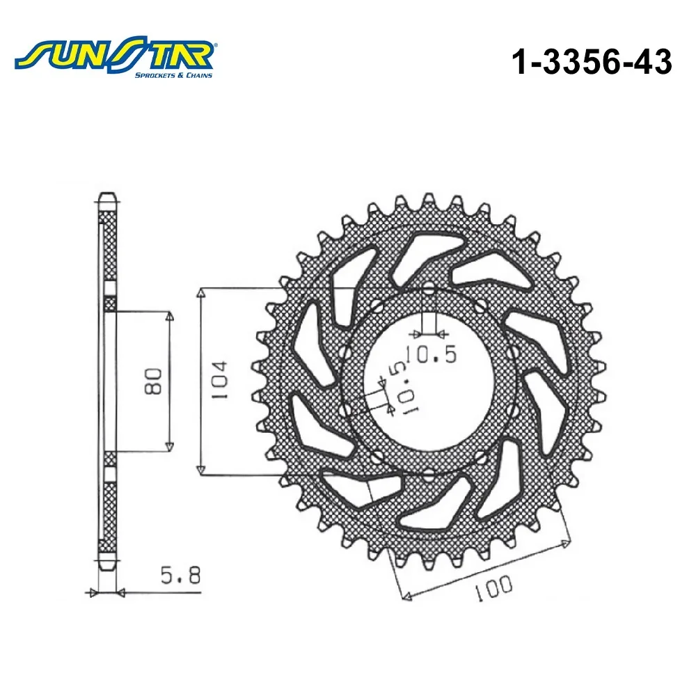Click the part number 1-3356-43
pyautogui.click(x=592, y=61)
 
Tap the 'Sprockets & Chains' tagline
pyautogui.click(x=173, y=75)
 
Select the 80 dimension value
pyautogui.click(x=153, y=381)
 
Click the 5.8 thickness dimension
pyautogui.click(x=180, y=576)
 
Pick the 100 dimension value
pyautogui.click(x=493, y=587)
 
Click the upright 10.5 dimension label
pyautogui.click(x=431, y=354)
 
